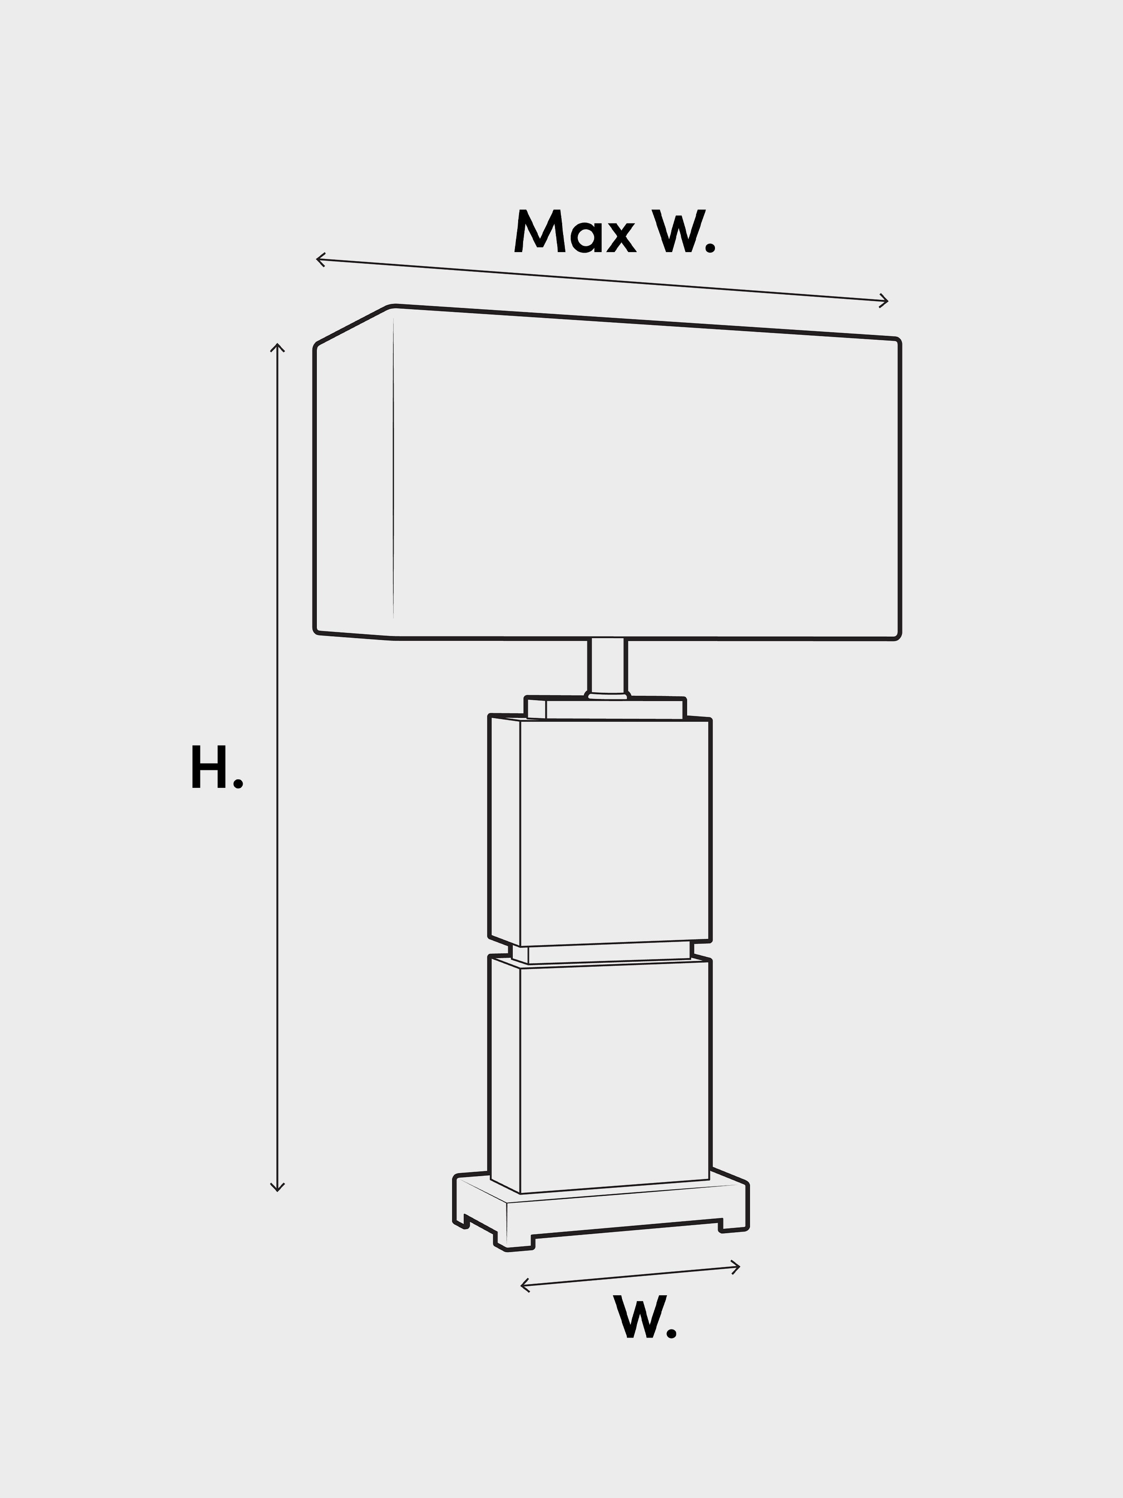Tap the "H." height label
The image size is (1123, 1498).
pyautogui.click(x=217, y=767)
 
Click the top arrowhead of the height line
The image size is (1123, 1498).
pyautogui.click(x=277, y=347)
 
